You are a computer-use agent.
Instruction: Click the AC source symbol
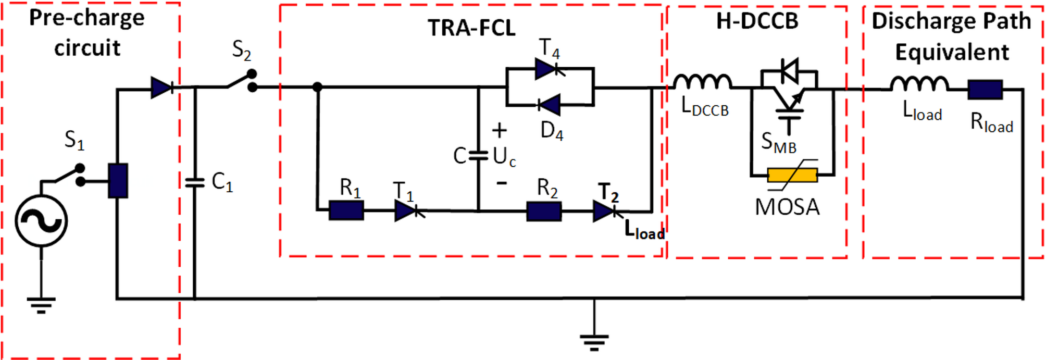41,221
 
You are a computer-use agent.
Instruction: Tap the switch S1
67,175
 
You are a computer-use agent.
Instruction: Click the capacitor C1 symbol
195,182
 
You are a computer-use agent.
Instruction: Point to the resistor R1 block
346,210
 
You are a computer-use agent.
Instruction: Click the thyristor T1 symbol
407,211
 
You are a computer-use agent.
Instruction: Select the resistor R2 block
543,212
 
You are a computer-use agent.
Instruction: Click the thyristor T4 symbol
548,69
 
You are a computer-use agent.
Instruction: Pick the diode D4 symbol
549,105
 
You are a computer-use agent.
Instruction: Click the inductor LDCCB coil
703,82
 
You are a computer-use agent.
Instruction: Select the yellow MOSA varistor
792,175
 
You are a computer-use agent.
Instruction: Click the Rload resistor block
985,90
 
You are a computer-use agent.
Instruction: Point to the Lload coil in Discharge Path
919,83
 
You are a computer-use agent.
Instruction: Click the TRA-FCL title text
471,28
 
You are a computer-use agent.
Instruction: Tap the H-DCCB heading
757,21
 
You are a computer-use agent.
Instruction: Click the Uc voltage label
504,156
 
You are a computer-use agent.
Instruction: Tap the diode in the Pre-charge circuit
162,88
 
